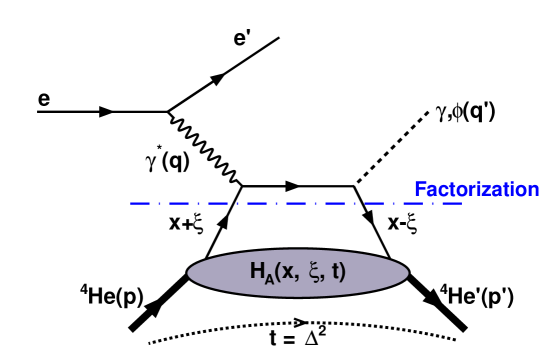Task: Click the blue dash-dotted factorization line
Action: coord(300,204)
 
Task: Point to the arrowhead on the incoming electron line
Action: coord(104,112)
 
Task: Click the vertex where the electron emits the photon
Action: coord(167,112)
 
